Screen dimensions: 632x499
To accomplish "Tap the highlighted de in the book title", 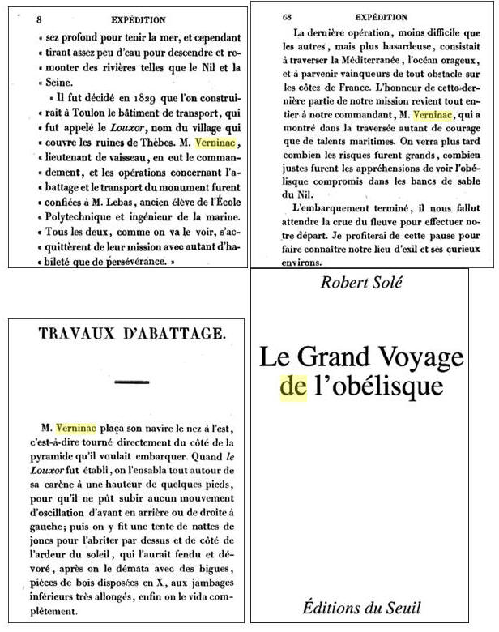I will point(292,386).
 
